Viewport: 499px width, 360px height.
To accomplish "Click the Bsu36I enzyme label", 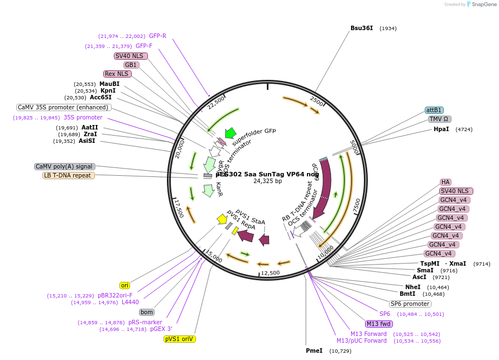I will [x=361, y=28].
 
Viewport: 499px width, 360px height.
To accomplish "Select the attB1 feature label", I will [x=434, y=110].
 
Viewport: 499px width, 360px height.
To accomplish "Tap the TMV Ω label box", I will [x=440, y=119].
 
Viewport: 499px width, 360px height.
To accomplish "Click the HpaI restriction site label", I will [x=441, y=129].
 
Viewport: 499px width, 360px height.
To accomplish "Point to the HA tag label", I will [x=445, y=182].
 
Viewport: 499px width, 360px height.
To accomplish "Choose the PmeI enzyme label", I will [x=314, y=351].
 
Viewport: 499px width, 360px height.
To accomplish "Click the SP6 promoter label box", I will [x=410, y=304].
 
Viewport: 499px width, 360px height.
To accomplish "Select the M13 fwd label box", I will [x=378, y=324].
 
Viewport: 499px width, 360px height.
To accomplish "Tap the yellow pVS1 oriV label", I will [x=180, y=339].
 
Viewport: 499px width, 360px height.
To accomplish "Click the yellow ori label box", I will [x=124, y=285].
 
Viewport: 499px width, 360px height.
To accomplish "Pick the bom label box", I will [x=147, y=312].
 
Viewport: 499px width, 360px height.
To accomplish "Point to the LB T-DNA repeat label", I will [x=69, y=175].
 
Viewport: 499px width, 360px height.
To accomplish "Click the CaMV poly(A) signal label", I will [x=64, y=166].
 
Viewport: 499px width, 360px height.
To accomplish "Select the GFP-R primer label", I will [x=157, y=36].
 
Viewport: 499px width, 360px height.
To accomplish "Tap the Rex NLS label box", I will [x=117, y=74].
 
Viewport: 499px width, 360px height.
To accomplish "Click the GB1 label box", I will [x=131, y=65].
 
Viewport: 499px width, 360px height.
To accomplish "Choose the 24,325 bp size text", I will [x=267, y=181].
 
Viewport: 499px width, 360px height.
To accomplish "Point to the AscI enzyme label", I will [x=419, y=277].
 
